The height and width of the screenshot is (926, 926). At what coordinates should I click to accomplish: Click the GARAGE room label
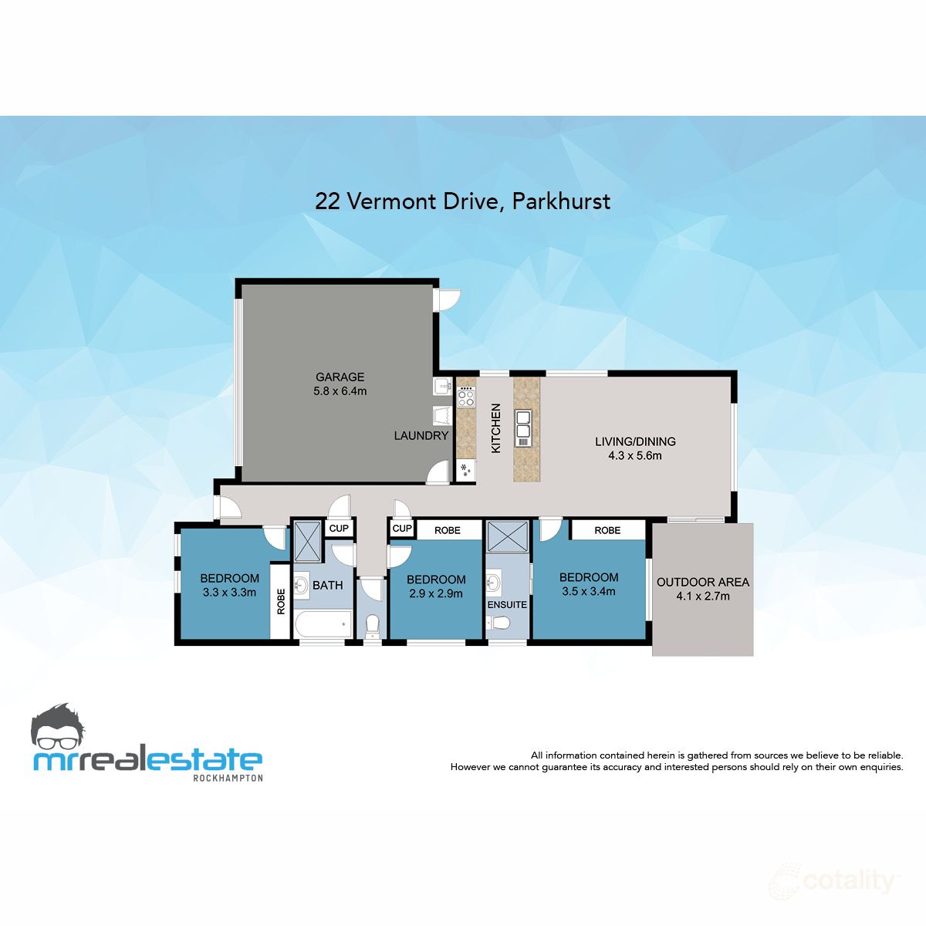(x=340, y=377)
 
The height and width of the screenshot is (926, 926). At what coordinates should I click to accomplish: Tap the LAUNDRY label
(x=421, y=435)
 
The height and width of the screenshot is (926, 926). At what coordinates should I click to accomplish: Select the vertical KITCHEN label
(x=496, y=428)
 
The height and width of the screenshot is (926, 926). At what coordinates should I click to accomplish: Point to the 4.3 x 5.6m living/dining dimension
(x=634, y=455)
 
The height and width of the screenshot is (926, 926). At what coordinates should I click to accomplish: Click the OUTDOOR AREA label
(x=702, y=582)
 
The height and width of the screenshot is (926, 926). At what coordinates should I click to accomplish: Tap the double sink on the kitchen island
(x=523, y=427)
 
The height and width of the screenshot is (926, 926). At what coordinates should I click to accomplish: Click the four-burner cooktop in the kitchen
(x=466, y=397)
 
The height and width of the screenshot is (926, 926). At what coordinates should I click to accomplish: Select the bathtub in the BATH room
(x=323, y=624)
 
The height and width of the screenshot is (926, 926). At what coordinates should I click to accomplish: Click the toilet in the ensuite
(x=502, y=623)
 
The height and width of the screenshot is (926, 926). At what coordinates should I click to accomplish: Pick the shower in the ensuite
(x=507, y=536)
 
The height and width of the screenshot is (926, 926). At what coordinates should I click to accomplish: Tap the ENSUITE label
(x=507, y=604)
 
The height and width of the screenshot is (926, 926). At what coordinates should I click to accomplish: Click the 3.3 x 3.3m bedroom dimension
(x=229, y=593)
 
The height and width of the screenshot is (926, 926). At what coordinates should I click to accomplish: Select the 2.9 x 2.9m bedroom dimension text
(x=436, y=593)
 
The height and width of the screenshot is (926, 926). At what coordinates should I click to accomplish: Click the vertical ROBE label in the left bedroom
(x=280, y=601)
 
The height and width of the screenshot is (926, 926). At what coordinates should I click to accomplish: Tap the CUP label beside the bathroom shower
(x=339, y=529)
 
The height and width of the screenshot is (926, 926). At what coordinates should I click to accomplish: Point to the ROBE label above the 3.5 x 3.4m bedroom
(x=607, y=530)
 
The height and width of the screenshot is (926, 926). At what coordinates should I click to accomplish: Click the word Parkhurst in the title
(x=561, y=201)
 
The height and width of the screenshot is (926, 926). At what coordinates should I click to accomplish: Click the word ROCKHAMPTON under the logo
(x=227, y=778)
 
